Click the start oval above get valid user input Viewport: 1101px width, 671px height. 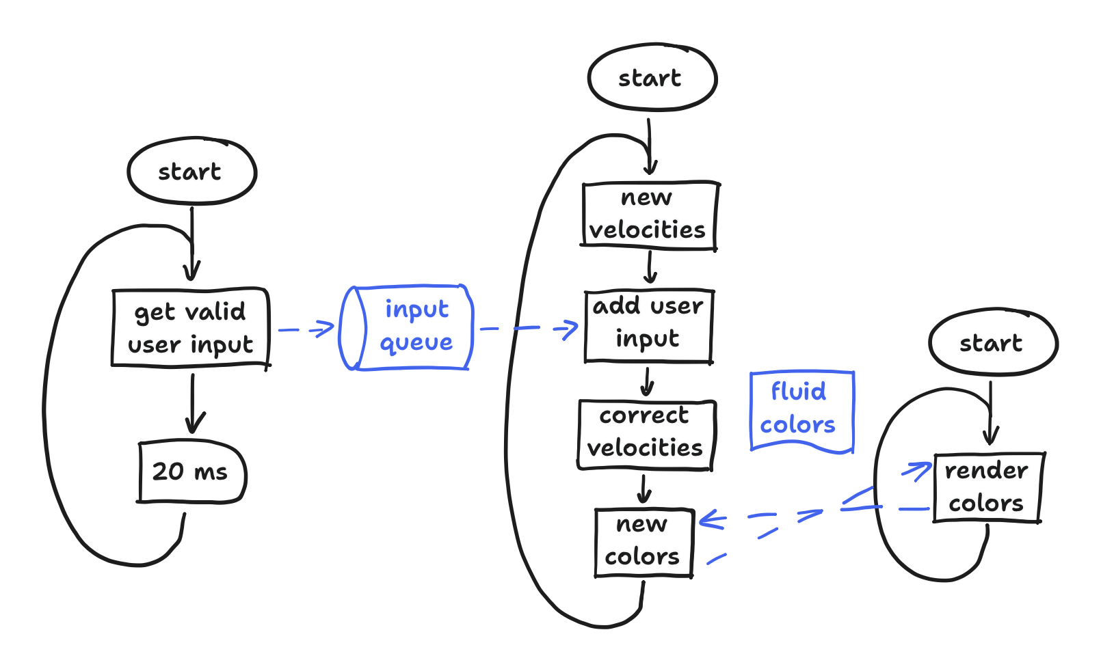[x=191, y=171]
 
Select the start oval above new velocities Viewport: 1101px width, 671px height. [x=651, y=77]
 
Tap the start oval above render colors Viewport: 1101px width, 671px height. [x=992, y=342]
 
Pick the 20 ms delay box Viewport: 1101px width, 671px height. [x=191, y=471]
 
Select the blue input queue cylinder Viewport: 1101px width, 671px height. [x=407, y=327]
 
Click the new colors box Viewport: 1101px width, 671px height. [x=643, y=542]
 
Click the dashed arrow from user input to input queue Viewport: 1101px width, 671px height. [x=306, y=329]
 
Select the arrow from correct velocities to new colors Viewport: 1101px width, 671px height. [x=644, y=489]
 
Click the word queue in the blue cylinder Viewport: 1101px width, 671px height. [x=416, y=342]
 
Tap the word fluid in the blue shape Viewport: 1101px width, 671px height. [x=799, y=391]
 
